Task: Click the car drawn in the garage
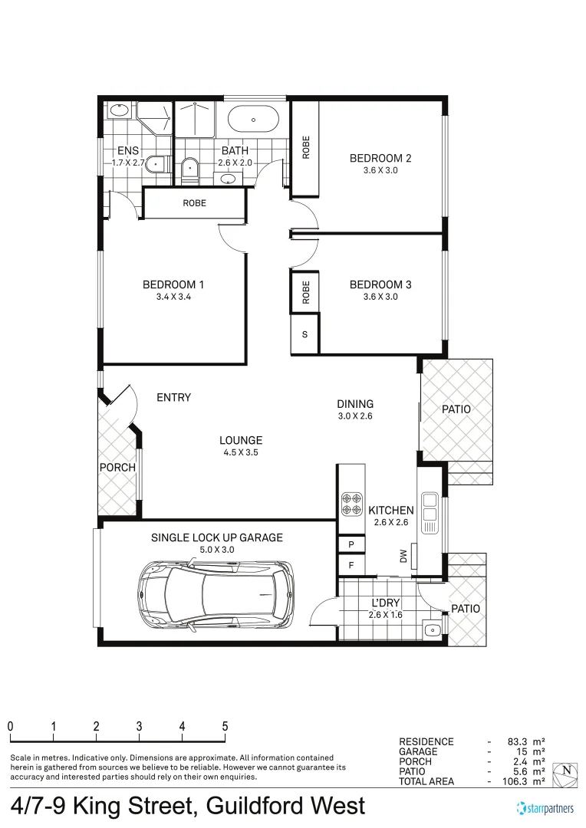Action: (216, 594)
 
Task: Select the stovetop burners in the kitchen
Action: (352, 503)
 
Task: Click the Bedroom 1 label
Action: (173, 284)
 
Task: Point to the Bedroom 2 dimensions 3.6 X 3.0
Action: (380, 171)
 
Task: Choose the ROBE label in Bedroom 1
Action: (194, 203)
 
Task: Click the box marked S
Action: (305, 334)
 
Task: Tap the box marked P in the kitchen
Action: (351, 544)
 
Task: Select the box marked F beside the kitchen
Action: (351, 565)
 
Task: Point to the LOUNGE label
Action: (241, 440)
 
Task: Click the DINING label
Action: (355, 404)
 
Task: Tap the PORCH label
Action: (117, 467)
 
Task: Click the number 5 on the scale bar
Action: (225, 726)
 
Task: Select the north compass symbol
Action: (565, 772)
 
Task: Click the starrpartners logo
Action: (545, 808)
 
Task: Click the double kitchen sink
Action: (430, 510)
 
